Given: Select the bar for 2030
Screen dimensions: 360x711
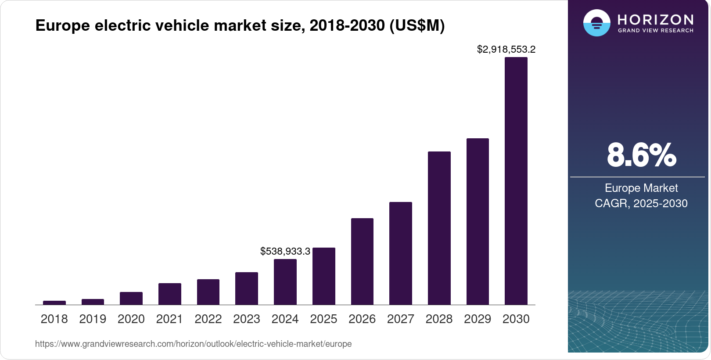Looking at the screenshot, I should click(516, 181).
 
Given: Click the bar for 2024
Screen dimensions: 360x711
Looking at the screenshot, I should click(285, 282).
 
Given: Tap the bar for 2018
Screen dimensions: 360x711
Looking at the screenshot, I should click(54, 302).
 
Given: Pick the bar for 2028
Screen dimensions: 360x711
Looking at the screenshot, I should click(439, 228).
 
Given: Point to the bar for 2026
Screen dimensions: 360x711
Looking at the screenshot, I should click(362, 261).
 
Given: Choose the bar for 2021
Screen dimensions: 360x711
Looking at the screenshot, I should click(169, 294).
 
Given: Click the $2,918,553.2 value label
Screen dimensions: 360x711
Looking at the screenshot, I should click(506, 49).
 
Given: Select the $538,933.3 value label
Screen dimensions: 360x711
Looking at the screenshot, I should click(285, 251).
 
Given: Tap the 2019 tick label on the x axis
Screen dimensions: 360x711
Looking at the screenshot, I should click(93, 319).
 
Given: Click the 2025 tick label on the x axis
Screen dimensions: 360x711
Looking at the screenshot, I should click(323, 319).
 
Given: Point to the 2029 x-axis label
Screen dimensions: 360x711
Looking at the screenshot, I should click(478, 319).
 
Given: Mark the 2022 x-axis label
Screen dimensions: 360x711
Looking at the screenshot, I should click(208, 319).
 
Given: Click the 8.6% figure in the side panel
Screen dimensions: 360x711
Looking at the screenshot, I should click(641, 155).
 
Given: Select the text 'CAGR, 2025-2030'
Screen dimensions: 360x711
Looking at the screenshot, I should click(641, 203).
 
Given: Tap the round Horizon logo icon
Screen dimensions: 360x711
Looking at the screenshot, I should click(596, 23).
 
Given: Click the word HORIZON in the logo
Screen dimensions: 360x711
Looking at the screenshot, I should click(655, 19).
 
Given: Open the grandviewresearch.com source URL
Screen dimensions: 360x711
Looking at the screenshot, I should click(193, 344).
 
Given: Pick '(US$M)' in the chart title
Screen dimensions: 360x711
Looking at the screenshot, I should click(417, 25).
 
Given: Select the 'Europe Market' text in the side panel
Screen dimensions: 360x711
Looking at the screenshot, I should click(641, 188).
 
